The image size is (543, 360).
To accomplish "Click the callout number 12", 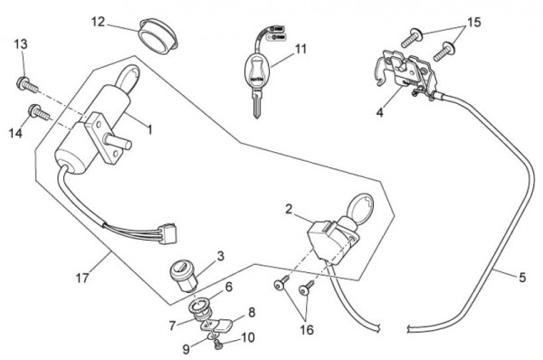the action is (x=98, y=22).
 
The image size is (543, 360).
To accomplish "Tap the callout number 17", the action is (x=82, y=278).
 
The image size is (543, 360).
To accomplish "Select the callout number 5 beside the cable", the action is (x=522, y=277).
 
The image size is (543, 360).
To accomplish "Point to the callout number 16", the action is (x=307, y=329).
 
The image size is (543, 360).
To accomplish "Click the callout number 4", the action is (x=380, y=112).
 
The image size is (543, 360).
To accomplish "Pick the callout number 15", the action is (x=474, y=22).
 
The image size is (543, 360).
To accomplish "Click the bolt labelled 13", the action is (x=27, y=85).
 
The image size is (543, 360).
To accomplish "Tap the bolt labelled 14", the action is (x=39, y=112).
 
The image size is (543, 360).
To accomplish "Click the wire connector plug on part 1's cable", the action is (x=168, y=233).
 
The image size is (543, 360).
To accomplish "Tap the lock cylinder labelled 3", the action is (x=184, y=276).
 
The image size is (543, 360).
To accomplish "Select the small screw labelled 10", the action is (x=218, y=344).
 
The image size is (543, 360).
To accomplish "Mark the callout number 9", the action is (x=186, y=349).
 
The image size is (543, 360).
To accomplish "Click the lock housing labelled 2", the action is (x=330, y=239).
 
